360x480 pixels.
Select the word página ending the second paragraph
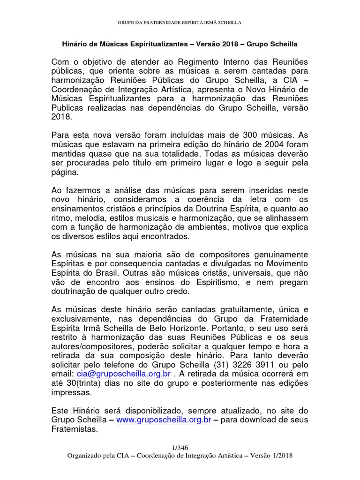point(67,172)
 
